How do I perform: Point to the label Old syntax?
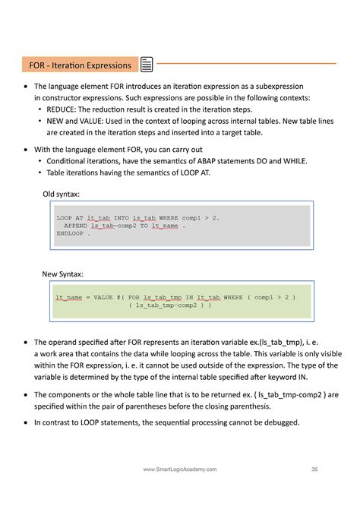click(61, 194)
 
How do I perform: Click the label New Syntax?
click(62, 273)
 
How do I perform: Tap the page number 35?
click(314, 469)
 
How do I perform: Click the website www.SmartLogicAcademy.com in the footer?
click(179, 469)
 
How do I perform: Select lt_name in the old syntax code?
click(166, 226)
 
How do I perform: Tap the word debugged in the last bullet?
click(279, 422)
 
